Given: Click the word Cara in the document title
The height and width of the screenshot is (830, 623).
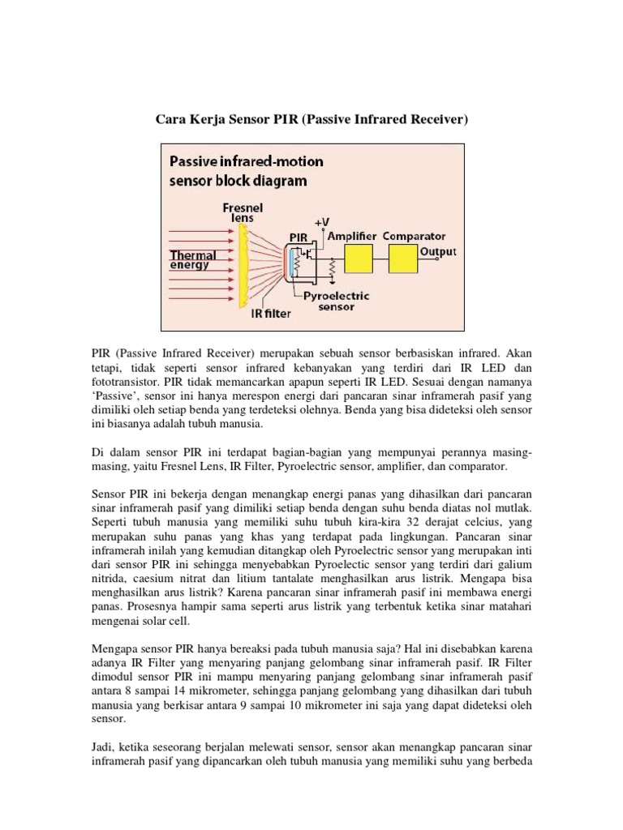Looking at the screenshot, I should pyautogui.click(x=171, y=121).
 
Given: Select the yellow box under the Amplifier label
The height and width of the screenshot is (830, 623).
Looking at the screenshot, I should pyautogui.click(x=359, y=259).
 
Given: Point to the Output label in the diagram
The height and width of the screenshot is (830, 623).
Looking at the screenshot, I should pyautogui.click(x=438, y=251).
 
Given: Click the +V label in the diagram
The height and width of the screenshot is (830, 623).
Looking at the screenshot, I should pyautogui.click(x=321, y=221).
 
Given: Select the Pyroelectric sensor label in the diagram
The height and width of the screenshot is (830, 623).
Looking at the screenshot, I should pyautogui.click(x=336, y=302).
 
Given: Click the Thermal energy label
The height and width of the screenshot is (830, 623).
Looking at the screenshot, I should pyautogui.click(x=193, y=259).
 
